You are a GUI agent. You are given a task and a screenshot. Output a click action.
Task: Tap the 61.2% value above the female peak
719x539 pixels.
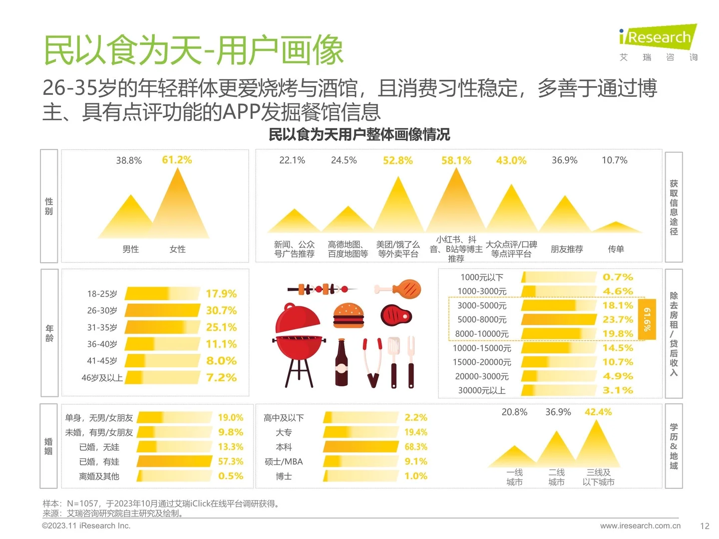pos(177,160)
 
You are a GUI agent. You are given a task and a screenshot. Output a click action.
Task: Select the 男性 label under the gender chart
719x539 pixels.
pos(131,249)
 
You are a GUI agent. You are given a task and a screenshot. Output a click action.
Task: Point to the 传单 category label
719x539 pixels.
pos(616,249)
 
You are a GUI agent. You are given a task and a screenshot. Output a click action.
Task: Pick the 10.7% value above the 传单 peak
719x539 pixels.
pos(614,160)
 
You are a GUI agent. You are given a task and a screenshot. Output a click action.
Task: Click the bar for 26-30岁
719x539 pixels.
pos(162,310)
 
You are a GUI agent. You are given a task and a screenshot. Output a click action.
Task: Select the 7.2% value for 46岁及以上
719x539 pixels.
pos(221,378)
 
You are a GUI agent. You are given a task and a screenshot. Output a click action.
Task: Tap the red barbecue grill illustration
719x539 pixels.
pos(299,344)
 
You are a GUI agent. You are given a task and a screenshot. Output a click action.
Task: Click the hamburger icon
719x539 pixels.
pos(349,315)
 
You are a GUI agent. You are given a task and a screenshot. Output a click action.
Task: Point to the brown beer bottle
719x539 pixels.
pos(342,363)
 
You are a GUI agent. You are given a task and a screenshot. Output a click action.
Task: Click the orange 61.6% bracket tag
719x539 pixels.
pos(647,319)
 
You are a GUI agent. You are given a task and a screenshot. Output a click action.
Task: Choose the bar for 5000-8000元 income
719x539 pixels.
pos(559,319)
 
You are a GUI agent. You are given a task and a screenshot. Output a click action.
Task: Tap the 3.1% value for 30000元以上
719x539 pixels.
pos(618,390)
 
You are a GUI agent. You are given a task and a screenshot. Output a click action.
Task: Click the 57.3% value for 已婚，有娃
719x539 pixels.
pos(231,462)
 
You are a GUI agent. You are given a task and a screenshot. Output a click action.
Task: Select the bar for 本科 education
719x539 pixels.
pos(360,447)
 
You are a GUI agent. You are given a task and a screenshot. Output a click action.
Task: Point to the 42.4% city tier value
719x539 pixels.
pos(598,412)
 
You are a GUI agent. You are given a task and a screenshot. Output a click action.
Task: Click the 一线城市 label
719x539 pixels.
pos(514,477)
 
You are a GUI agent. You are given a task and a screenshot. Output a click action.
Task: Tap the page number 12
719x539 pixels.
pos(705,526)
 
